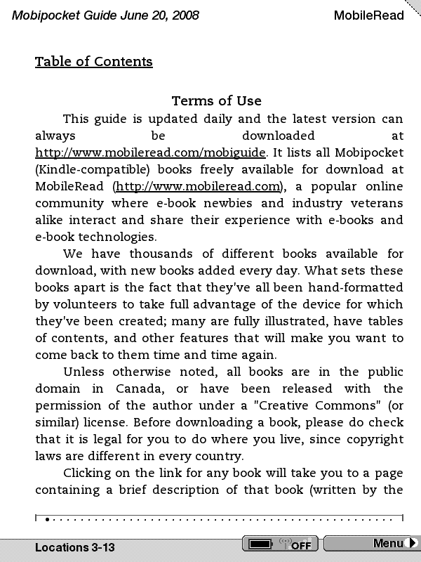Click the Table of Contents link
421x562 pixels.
tap(93, 62)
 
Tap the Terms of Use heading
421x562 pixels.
tap(216, 101)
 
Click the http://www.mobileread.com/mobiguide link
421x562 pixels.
tap(150, 152)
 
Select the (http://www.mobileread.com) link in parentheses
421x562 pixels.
tap(198, 186)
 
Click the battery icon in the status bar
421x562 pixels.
tap(260, 544)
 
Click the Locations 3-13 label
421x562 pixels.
tap(75, 547)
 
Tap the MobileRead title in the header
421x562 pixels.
tap(368, 15)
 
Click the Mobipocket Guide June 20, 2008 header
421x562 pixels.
tap(105, 15)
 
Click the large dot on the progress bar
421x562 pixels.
tap(47, 520)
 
